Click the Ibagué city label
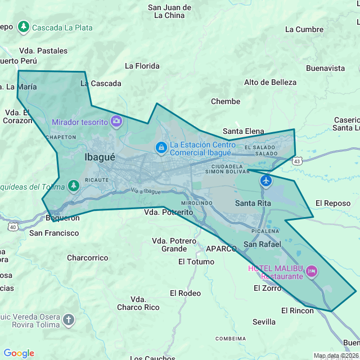[100, 157]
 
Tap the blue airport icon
[265, 181]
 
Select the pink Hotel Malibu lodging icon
[312, 273]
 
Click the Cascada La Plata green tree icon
[23, 26]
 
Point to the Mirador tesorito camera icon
[116, 121]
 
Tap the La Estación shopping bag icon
[161, 148]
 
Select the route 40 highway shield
[12, 226]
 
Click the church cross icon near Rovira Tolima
[68, 320]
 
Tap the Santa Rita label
[253, 203]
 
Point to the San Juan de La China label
[169, 11]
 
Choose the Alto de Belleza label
[270, 82]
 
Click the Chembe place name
[225, 102]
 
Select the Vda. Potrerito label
[168, 213]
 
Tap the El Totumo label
[196, 262]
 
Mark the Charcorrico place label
[87, 258]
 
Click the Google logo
[19, 353]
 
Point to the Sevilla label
[264, 322]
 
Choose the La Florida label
[142, 66]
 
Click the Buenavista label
[325, 68]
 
